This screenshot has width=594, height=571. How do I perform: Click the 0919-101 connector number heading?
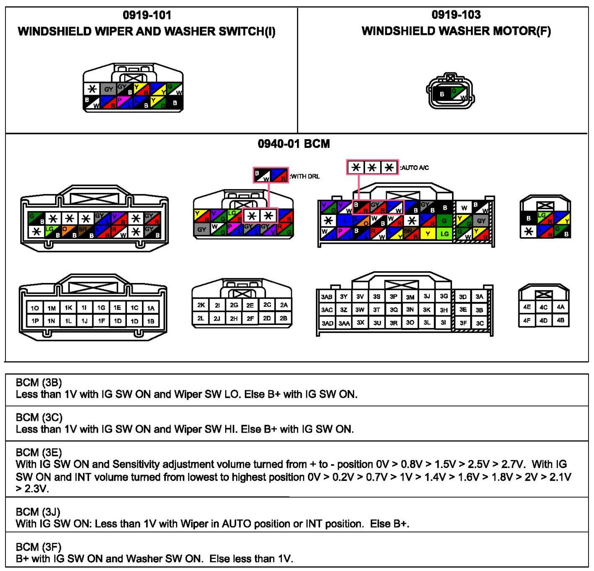coord(147,15)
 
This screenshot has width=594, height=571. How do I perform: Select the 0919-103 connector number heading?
coord(456,15)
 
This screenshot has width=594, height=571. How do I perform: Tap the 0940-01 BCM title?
coord(294,144)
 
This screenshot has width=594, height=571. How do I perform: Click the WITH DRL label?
coord(305,176)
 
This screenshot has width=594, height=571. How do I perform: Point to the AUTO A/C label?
coord(415,168)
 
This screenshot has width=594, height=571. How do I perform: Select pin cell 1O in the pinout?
coord(35,308)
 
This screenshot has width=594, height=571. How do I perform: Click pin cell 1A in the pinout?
coord(150,308)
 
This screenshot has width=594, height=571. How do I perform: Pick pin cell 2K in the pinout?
coord(201,305)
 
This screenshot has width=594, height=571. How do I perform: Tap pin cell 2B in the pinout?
coord(284,318)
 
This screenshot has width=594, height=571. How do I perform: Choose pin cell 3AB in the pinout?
coord(326,297)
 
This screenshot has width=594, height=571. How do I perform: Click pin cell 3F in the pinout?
coord(463,323)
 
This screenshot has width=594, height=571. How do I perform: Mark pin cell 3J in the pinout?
coord(427,296)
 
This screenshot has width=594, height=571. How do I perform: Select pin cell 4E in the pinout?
coord(527,307)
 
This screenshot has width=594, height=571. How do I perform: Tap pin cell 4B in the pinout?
coord(560,320)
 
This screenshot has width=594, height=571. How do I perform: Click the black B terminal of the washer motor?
coord(442,94)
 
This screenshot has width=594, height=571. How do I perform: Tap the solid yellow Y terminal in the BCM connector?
coord(428,234)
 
